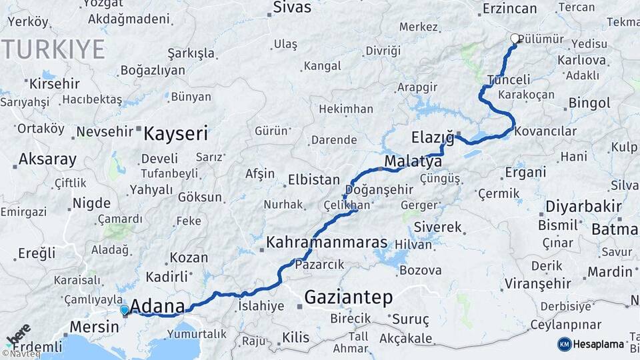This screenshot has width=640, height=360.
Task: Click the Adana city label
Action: coord(157,307)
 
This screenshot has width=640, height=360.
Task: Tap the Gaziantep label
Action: coord(348,297)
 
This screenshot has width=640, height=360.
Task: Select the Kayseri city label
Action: coord(176,133)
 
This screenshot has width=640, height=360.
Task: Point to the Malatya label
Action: coord(413,162)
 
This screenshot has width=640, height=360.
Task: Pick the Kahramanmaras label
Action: coord(327,242)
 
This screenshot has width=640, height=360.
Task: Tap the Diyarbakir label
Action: coord(579,205)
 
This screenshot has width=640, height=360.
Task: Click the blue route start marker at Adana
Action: coord(124,309)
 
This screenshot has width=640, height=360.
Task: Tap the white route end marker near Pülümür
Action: coord(515,39)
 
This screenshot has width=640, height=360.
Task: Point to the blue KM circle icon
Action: coord(565,344)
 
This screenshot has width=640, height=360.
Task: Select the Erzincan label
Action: coord(509,9)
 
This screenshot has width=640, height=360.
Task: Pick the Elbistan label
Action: coord(314,180)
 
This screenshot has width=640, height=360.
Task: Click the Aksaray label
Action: coord(47,160)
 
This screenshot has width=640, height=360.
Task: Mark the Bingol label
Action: coord(590,103)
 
